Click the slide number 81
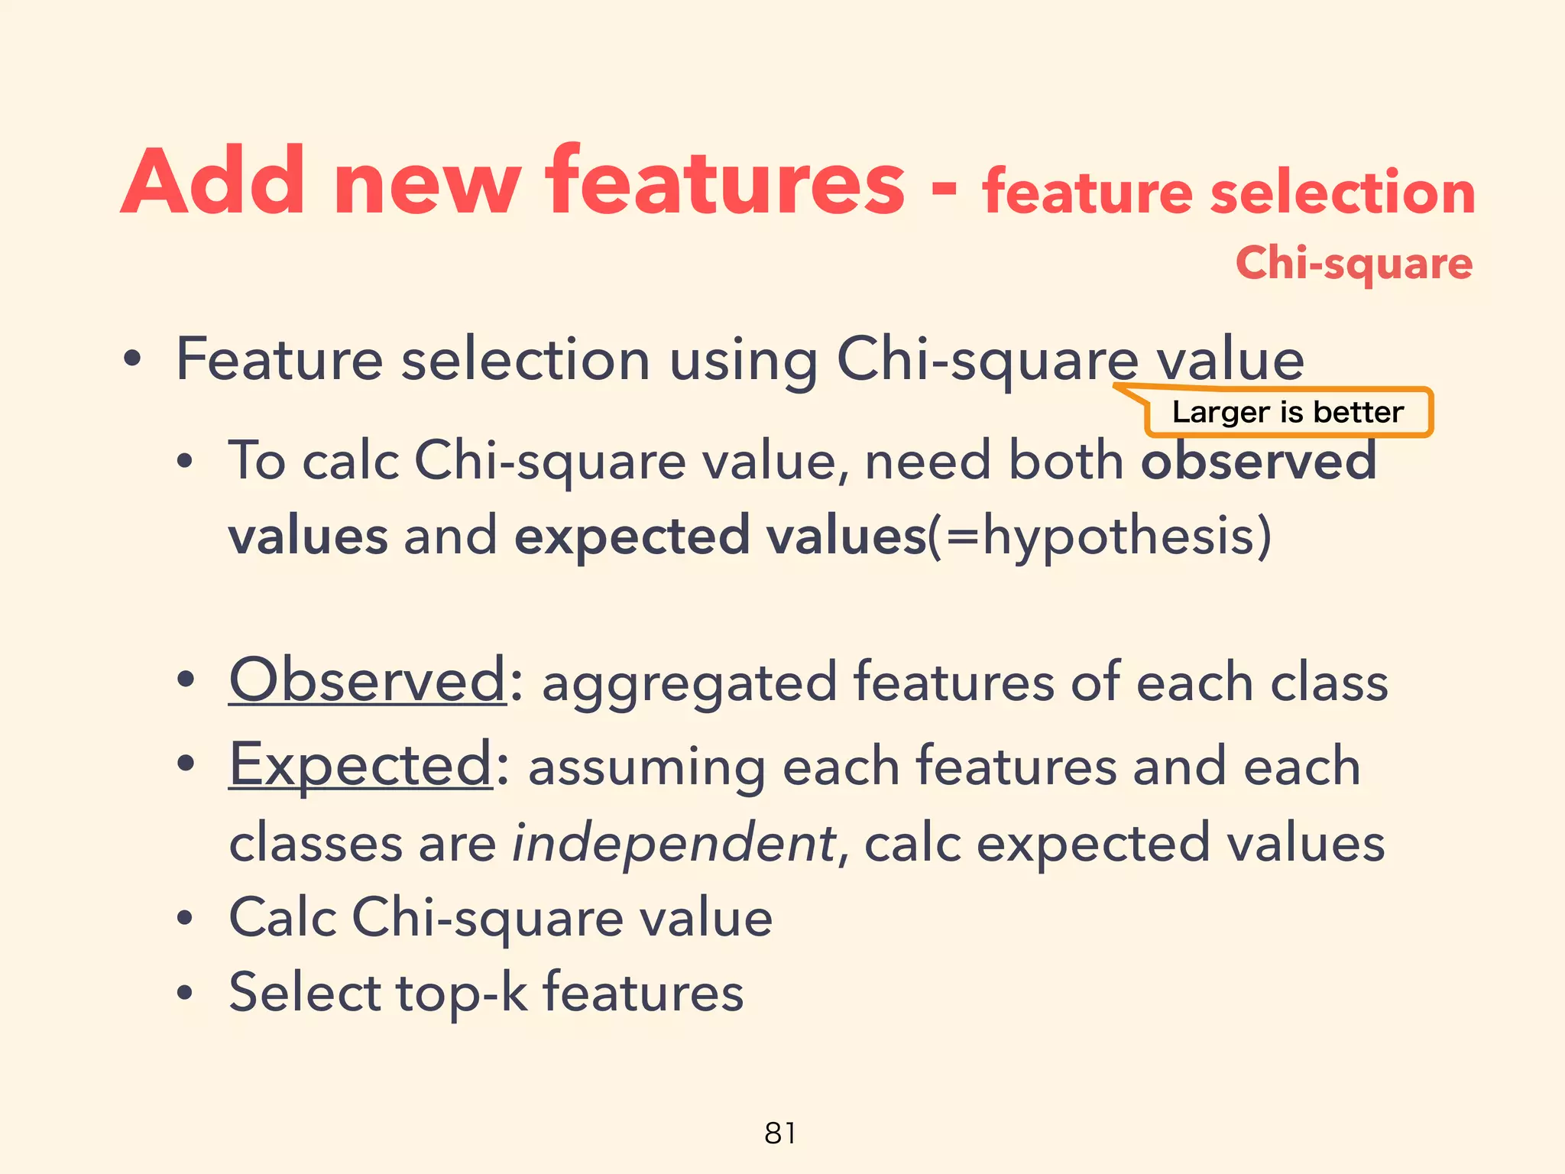(x=780, y=1133)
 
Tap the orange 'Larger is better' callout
(x=1288, y=413)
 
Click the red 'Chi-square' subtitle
(x=1353, y=264)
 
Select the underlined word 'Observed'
(x=368, y=680)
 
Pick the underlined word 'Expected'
(x=361, y=764)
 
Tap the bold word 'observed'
(x=1259, y=462)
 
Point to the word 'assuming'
(x=646, y=767)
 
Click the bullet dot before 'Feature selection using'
(x=132, y=360)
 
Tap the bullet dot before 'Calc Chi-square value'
(x=184, y=919)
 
